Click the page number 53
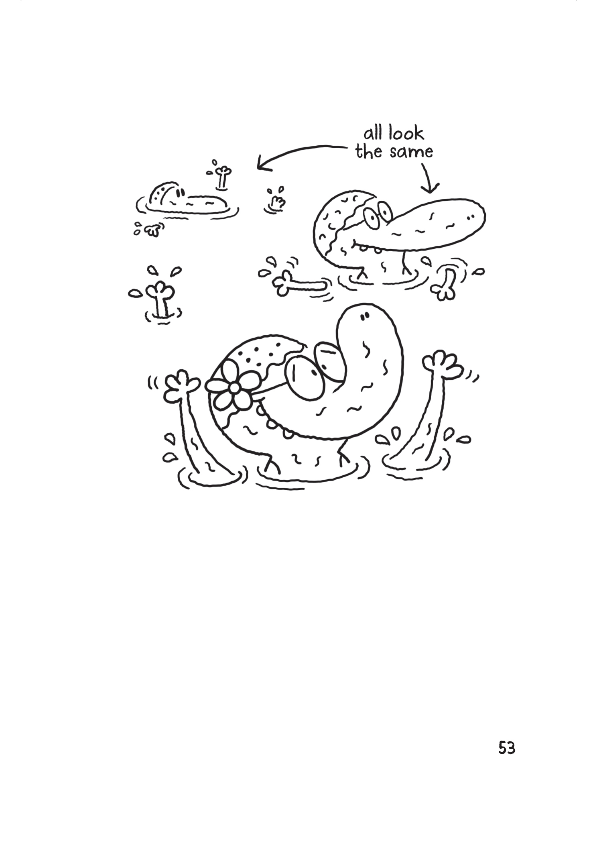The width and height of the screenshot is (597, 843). [x=506, y=748]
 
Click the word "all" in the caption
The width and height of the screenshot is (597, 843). [x=372, y=133]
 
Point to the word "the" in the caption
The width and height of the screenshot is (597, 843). [x=369, y=152]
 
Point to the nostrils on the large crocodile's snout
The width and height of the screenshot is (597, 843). [x=364, y=317]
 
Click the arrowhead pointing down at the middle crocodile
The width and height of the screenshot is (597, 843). [x=431, y=188]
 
